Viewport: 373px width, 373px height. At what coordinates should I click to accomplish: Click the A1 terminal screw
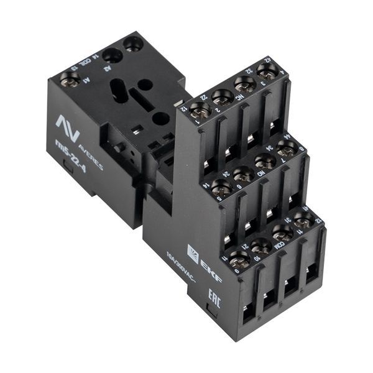[x=69, y=79]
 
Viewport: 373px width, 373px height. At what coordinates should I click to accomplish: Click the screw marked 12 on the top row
[x=200, y=111]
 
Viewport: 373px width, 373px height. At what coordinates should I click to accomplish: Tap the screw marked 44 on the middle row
[x=287, y=149]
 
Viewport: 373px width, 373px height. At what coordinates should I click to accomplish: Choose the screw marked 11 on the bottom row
[x=239, y=260]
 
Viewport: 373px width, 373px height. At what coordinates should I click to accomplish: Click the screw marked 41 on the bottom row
[x=303, y=220]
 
